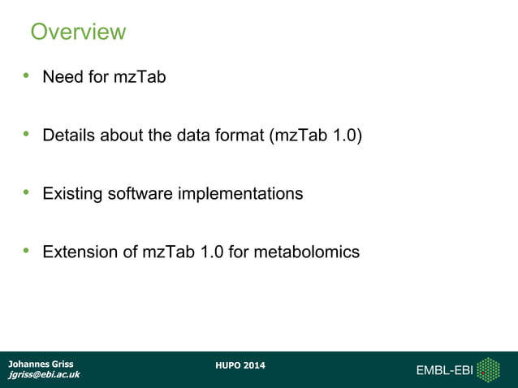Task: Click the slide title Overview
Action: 78,32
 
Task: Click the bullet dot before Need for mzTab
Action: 27,76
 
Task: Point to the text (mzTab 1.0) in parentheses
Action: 315,136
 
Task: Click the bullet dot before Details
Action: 27,134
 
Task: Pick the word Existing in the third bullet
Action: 72,194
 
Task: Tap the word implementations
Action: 240,194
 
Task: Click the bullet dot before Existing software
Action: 27,192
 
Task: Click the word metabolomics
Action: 306,252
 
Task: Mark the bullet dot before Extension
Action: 27,251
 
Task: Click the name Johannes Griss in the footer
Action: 40,364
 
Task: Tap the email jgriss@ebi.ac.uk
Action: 43,375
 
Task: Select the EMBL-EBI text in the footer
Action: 444,371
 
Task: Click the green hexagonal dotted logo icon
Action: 488,370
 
